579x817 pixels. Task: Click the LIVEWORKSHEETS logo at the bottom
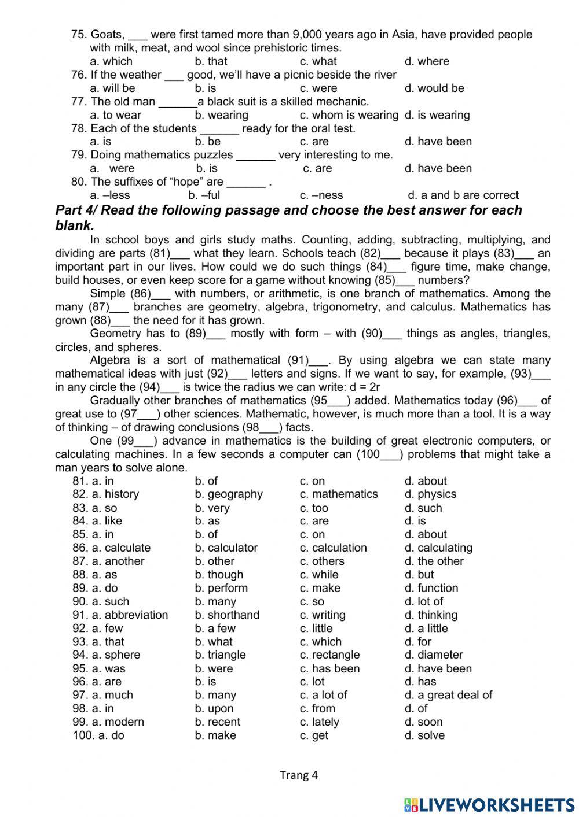489,805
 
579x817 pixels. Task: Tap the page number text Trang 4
299,775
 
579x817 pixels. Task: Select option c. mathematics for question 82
339,494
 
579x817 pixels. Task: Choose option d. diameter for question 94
434,655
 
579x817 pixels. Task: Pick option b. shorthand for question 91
227,615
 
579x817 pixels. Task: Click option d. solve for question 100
424,735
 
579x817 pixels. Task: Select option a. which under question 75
111,61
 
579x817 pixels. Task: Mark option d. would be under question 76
434,88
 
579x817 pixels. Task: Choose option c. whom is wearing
349,115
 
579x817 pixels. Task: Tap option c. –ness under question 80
321,195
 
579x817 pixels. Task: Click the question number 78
79,128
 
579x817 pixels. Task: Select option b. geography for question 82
229,494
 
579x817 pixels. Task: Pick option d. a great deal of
448,695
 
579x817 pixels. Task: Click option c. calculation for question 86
334,548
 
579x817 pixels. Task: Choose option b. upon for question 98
214,709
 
